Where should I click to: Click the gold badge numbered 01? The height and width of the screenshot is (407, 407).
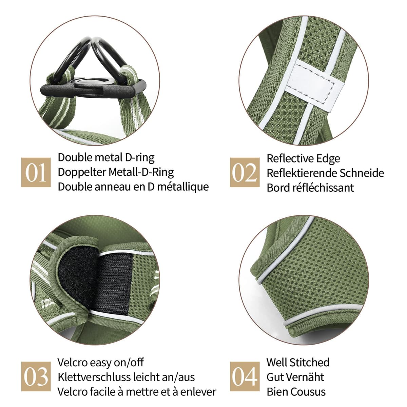[x=36, y=172]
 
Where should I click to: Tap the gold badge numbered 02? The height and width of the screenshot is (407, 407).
[x=245, y=172]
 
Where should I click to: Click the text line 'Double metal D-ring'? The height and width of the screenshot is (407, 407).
[x=106, y=158]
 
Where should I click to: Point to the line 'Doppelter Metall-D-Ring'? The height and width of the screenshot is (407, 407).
[x=116, y=172]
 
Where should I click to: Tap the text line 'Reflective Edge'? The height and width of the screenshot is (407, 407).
[x=303, y=159]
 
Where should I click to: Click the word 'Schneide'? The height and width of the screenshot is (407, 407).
[x=362, y=173]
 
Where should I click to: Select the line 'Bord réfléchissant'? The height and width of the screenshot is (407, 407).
[x=310, y=188]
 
